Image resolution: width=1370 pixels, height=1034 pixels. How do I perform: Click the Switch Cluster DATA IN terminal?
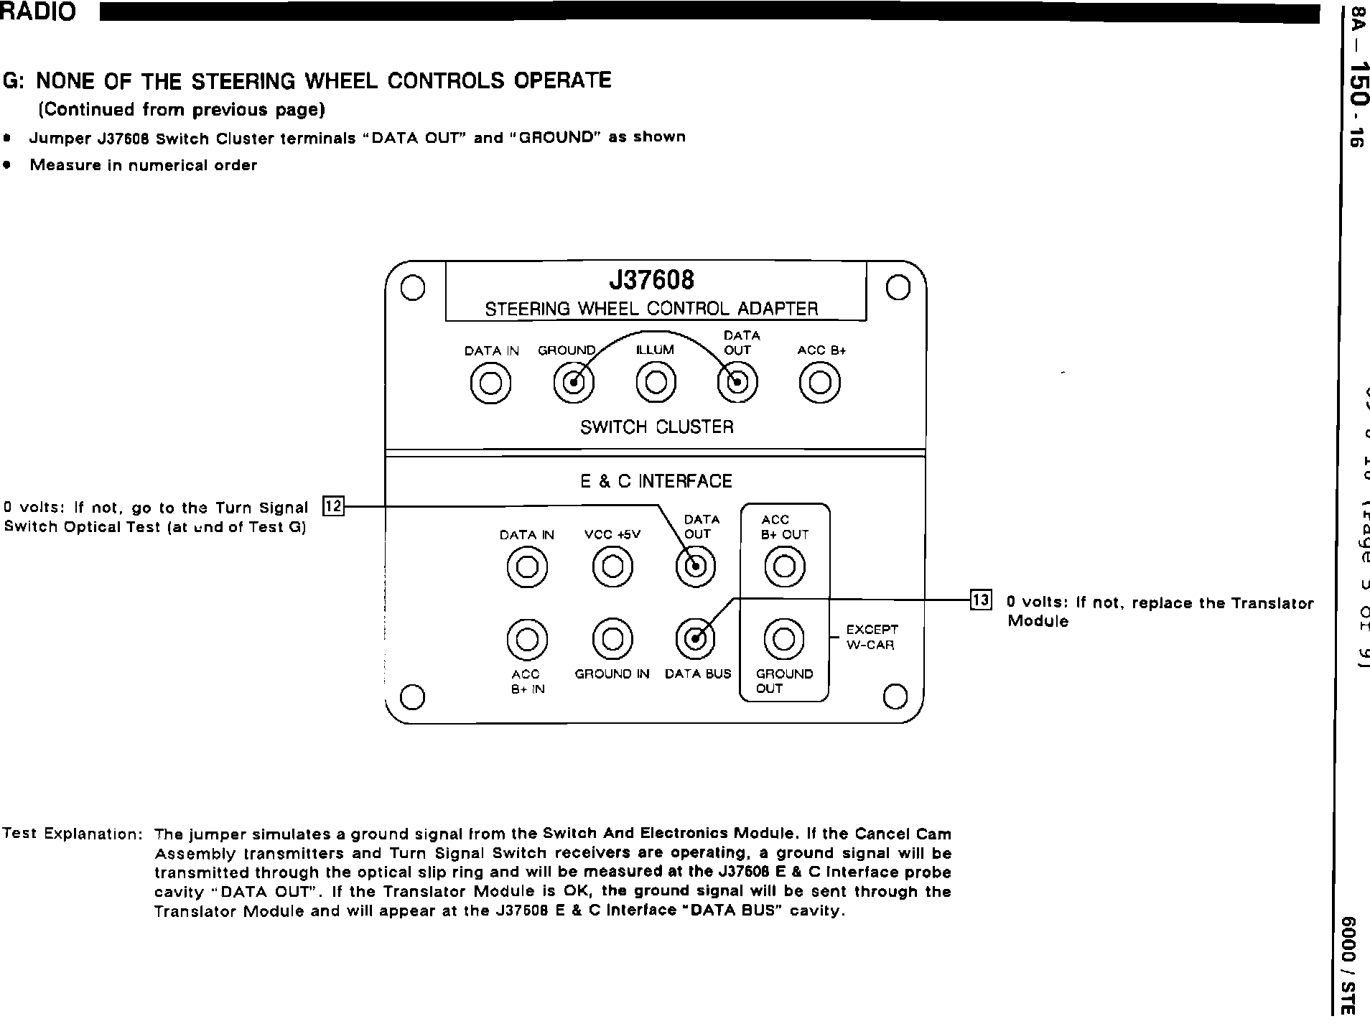click(x=490, y=383)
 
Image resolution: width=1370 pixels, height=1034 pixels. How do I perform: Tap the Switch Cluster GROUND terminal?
click(x=574, y=383)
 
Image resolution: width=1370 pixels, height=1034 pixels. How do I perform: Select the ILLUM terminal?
click(x=656, y=383)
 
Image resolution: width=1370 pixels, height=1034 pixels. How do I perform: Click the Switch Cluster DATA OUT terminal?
click(x=737, y=383)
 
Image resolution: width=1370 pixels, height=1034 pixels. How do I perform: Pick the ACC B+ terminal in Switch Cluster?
click(x=820, y=383)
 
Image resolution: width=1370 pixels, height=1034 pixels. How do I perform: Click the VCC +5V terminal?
click(x=612, y=567)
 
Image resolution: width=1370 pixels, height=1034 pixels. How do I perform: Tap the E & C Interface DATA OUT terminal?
click(x=696, y=567)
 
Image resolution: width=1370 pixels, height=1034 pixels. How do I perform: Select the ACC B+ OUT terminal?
click(x=784, y=567)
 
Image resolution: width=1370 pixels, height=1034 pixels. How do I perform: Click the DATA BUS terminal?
click(x=696, y=638)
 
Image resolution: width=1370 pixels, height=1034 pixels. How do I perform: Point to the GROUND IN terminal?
click(x=612, y=638)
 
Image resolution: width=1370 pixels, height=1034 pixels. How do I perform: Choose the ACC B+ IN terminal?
click(x=527, y=638)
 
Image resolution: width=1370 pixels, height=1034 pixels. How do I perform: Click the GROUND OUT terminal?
click(x=784, y=638)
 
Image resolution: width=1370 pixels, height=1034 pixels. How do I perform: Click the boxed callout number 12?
click(x=334, y=506)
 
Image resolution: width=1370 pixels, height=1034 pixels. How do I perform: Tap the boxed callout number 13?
click(x=981, y=600)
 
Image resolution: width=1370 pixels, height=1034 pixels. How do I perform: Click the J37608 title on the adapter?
click(x=652, y=279)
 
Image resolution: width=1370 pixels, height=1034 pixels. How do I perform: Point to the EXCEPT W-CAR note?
click(x=871, y=637)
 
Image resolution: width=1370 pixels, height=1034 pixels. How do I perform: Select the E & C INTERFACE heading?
click(x=656, y=481)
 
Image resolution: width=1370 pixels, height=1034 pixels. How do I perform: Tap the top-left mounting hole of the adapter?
click(x=412, y=288)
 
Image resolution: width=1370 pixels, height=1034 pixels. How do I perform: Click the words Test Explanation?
click(x=73, y=834)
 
